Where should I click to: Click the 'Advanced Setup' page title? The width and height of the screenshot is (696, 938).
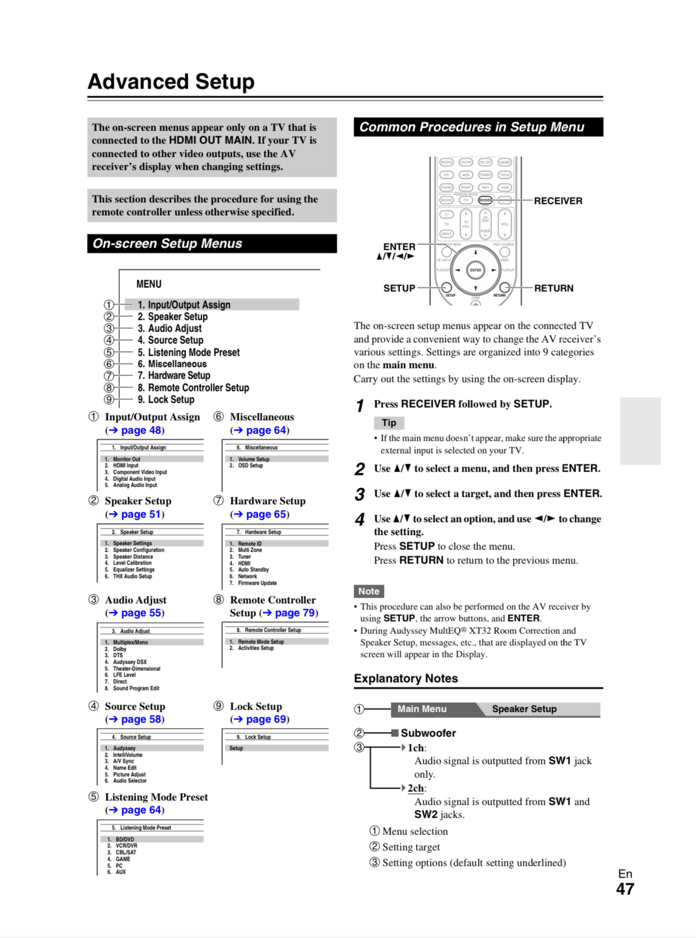click(x=171, y=82)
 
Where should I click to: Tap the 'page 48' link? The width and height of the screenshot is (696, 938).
click(x=141, y=430)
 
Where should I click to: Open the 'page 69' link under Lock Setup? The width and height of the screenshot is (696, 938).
click(x=266, y=719)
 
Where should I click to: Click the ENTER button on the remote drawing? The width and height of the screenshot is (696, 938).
click(x=475, y=270)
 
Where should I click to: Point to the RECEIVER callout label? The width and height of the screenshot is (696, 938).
click(x=558, y=201)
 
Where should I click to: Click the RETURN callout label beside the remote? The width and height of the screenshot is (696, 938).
click(x=553, y=288)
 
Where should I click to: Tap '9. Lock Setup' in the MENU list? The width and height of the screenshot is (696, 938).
click(x=166, y=399)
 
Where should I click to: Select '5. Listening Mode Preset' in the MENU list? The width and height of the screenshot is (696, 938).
click(x=189, y=352)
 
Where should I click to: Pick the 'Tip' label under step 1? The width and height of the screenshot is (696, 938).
click(x=389, y=423)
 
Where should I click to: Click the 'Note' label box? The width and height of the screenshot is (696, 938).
click(x=369, y=591)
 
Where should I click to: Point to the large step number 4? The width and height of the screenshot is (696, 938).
click(x=359, y=520)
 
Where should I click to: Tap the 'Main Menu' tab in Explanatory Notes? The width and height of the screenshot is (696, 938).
click(x=422, y=709)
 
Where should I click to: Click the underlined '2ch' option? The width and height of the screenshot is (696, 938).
click(x=415, y=788)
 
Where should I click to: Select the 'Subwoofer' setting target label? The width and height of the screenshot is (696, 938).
click(x=428, y=733)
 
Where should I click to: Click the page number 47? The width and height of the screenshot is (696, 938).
click(x=625, y=889)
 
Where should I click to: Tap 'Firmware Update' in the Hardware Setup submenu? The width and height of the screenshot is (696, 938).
click(x=257, y=583)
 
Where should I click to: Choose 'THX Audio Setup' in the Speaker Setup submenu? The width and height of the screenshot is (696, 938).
click(x=132, y=576)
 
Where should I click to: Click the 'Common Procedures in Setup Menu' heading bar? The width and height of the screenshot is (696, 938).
click(x=478, y=127)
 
